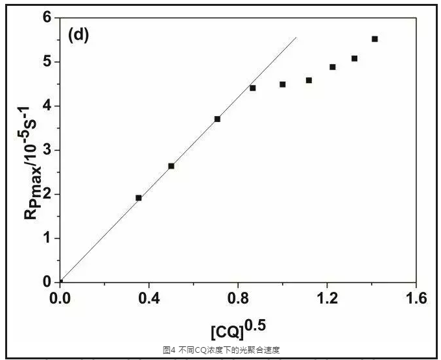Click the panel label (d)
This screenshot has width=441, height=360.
tap(78, 36)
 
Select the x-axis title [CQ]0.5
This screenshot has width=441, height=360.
tap(239, 328)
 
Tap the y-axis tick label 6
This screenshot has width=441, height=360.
tap(47, 18)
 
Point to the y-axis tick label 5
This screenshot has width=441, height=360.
tap(47, 62)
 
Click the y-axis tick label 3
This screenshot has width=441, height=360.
tap(47, 150)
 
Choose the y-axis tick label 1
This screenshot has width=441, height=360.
tap(47, 238)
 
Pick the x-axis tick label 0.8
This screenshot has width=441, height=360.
tap(238, 298)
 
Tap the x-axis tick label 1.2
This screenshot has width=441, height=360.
tap(327, 298)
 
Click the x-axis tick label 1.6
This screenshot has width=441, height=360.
tap(415, 298)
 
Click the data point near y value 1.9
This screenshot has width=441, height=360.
tap(139, 198)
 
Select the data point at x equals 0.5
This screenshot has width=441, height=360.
tap(171, 166)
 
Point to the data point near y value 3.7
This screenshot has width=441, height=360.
tap(217, 119)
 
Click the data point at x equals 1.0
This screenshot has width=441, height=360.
tap(283, 84)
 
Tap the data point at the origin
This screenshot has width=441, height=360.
tap(60, 282)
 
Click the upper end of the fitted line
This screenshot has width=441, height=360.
tap(296, 38)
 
